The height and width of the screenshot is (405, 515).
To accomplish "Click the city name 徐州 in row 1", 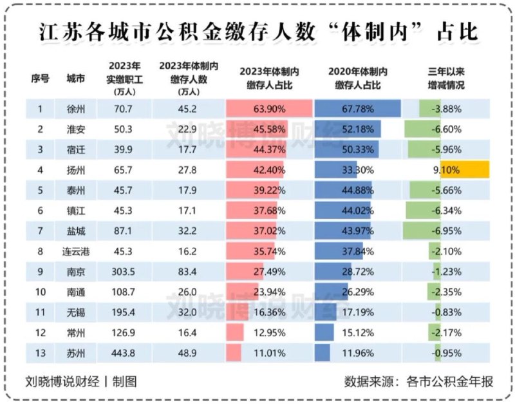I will tap(76, 109).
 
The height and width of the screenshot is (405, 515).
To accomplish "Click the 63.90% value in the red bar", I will tap(268, 109).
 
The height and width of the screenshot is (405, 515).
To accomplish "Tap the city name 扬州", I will tap(76, 170).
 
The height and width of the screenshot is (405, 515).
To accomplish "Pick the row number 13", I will tap(40, 353).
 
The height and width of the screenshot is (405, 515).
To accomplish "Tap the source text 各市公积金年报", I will tap(450, 381).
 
